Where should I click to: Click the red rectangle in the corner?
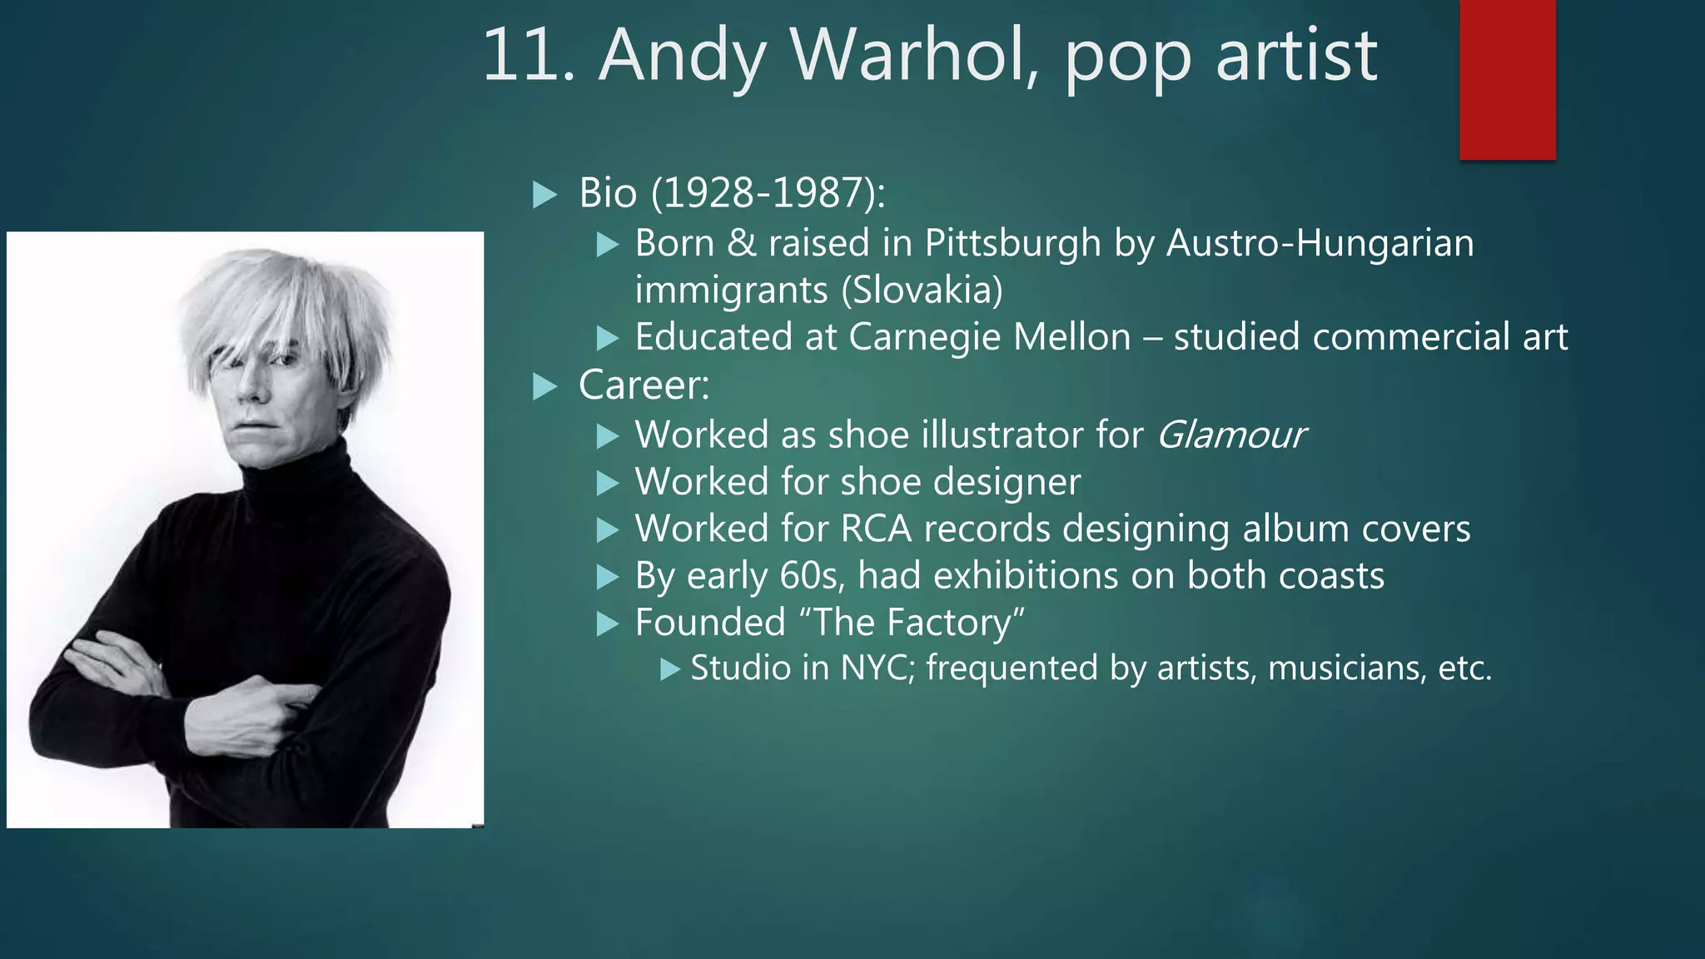pos(1507,79)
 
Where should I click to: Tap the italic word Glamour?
pos(1230,435)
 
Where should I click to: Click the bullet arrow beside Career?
pos(544,386)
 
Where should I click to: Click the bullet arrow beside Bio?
pos(544,195)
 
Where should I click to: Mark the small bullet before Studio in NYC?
pos(670,669)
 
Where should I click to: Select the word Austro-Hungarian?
pos(1320,243)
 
